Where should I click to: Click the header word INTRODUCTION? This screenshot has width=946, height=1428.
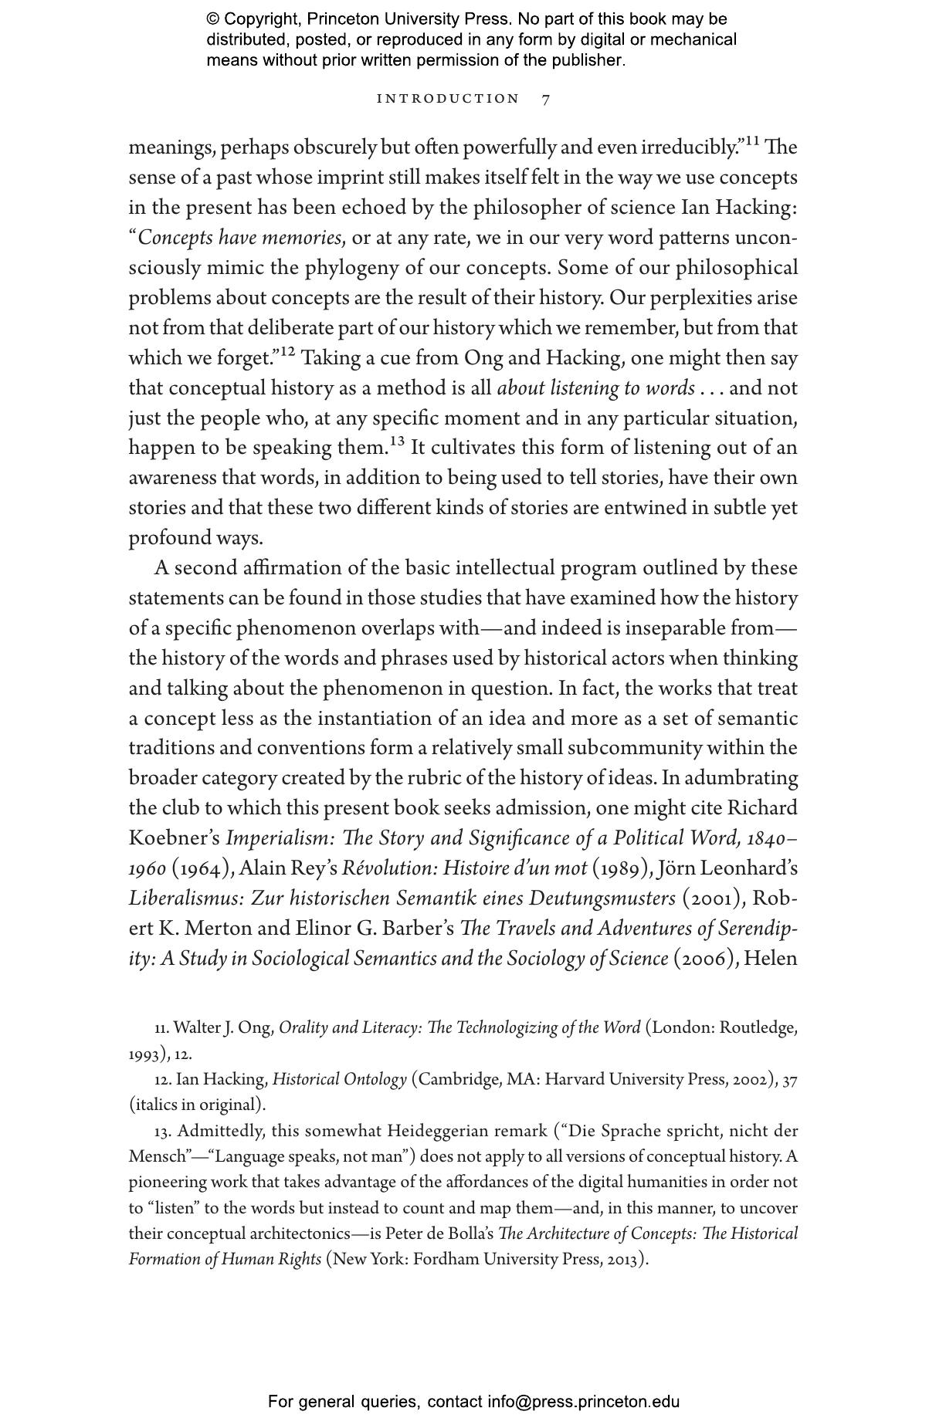[x=448, y=99]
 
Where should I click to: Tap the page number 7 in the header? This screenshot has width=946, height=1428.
[x=546, y=99]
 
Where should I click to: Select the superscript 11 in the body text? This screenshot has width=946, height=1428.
[x=751, y=141]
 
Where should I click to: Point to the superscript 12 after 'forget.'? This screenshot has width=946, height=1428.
[x=287, y=352]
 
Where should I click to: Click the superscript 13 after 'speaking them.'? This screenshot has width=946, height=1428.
[x=397, y=442]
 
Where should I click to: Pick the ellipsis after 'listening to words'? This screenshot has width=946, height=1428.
[x=710, y=388]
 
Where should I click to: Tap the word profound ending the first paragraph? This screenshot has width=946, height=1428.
[x=171, y=538]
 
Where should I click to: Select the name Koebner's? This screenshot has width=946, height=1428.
[x=175, y=838]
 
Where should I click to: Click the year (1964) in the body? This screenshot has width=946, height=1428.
[x=203, y=868]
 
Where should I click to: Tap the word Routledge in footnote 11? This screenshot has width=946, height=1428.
[x=758, y=1028]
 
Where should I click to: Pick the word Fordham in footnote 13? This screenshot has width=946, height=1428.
[x=444, y=1260]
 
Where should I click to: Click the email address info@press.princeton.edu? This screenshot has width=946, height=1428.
[x=583, y=1402]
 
